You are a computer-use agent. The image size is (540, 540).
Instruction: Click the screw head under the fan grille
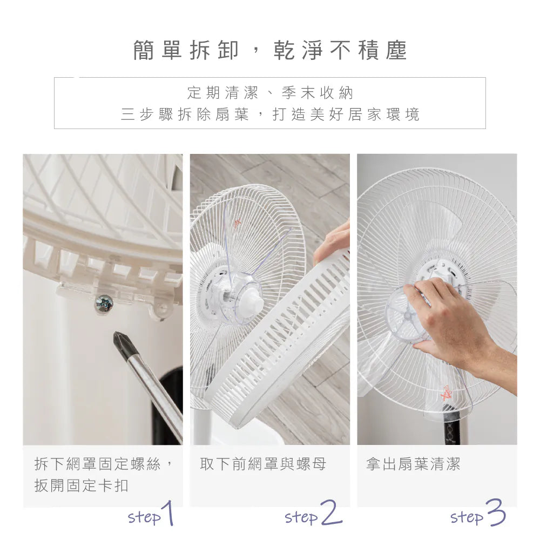point(104,304)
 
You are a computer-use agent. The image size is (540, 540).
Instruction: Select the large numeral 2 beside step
point(330,513)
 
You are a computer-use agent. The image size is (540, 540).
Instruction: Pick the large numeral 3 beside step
point(495,512)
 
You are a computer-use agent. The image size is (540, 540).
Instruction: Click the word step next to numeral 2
point(301,517)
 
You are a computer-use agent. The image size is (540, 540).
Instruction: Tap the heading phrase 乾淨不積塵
point(341,50)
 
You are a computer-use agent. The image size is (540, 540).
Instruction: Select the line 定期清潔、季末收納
point(270,93)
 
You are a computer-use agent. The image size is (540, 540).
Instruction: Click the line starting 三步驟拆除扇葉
point(270,114)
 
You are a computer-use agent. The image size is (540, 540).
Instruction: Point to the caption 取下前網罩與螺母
point(263,464)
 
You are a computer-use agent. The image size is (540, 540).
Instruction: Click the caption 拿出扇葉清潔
point(413,464)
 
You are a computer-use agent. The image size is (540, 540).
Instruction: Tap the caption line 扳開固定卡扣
point(82,485)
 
